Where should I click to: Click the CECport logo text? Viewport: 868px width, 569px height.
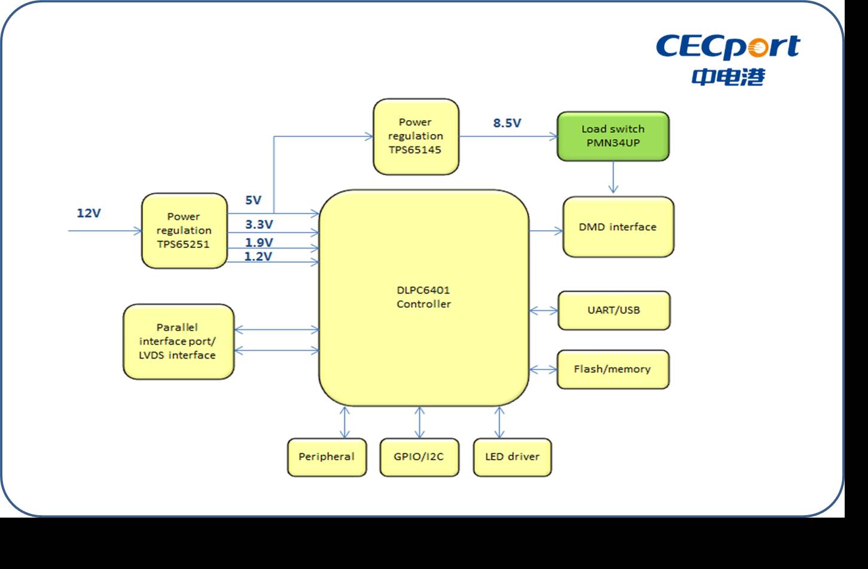[x=727, y=47]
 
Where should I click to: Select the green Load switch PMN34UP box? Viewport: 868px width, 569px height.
[x=613, y=136]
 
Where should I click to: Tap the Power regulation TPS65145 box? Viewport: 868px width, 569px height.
[x=416, y=136]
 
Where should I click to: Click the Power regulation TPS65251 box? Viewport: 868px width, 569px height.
[x=184, y=231]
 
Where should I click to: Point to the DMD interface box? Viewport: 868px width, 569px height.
[x=618, y=227]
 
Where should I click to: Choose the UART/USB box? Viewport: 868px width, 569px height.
[x=614, y=310]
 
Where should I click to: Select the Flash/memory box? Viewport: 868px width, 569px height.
[x=613, y=369]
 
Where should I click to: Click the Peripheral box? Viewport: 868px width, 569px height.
[x=327, y=457]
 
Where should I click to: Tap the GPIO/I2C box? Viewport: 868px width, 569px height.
[x=419, y=457]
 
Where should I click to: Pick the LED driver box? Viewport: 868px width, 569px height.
[x=512, y=457]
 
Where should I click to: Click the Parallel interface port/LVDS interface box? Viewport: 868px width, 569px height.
[x=178, y=341]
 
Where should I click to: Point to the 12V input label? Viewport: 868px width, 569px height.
[x=89, y=213]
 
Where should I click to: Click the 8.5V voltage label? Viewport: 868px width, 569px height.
[x=507, y=123]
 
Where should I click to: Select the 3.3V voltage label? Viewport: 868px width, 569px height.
[x=259, y=225]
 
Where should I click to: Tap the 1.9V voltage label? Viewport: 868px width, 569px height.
[x=259, y=243]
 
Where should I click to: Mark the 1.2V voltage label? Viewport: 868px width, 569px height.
[x=258, y=256]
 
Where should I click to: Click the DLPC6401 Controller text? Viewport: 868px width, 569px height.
[x=424, y=297]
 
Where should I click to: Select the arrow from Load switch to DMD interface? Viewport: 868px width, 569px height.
[x=613, y=178]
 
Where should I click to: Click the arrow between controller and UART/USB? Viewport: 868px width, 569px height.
[x=543, y=310]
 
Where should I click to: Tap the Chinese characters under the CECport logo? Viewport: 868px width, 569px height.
[x=728, y=77]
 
